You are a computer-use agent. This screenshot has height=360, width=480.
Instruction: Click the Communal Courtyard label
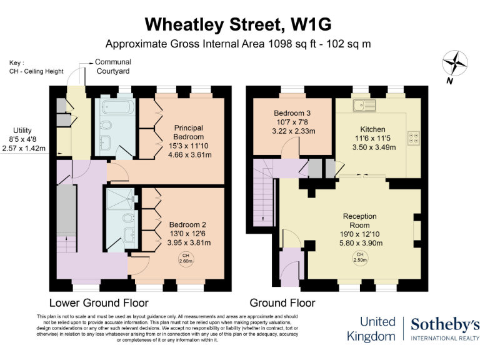pyautogui.click(x=112, y=67)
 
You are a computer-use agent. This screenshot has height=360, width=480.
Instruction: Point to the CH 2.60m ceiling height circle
pyautogui.click(x=185, y=258)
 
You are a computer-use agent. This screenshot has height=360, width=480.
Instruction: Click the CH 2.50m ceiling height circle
pyautogui.click(x=359, y=257)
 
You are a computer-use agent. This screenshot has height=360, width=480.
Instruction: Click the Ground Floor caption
pyautogui.click(x=282, y=303)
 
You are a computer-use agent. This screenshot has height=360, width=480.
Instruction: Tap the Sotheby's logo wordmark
pyautogui.click(x=444, y=324)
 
